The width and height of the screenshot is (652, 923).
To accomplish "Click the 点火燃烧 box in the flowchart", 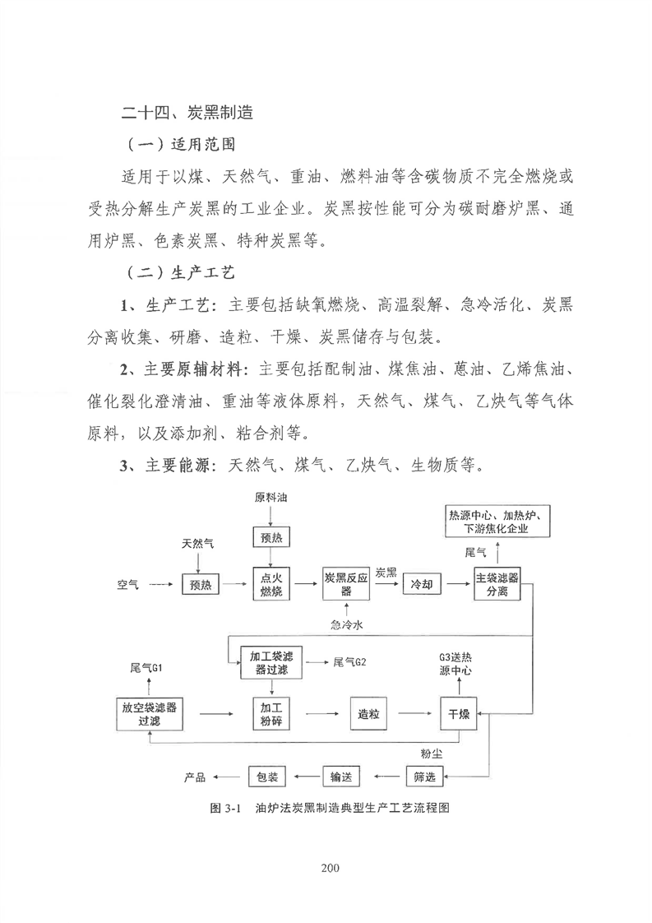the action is [271, 584].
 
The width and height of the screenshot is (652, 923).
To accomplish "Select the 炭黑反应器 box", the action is [347, 584].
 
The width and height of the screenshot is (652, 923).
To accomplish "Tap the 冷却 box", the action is [421, 585].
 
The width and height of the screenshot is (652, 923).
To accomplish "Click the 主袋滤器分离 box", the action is [497, 585].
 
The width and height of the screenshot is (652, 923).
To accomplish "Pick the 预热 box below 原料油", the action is [271, 537].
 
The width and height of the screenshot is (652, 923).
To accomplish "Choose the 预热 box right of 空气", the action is [201, 585].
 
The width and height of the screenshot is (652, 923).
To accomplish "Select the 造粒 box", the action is [368, 714].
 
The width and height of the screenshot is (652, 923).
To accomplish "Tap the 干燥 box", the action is [459, 714].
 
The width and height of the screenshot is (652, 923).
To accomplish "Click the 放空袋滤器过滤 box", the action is [150, 714].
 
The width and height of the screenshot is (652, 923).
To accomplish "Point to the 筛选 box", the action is [424, 777].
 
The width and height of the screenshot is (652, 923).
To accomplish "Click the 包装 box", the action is [267, 777].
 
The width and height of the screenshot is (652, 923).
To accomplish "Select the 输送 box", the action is [340, 777].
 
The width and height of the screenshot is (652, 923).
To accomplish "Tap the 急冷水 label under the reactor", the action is [347, 624].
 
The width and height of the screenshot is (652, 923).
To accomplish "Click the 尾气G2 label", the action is [349, 662].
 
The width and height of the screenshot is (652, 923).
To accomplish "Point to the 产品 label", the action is [195, 777].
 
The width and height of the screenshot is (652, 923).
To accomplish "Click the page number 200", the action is [331, 867].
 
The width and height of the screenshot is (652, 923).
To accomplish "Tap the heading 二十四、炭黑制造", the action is [187, 112].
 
